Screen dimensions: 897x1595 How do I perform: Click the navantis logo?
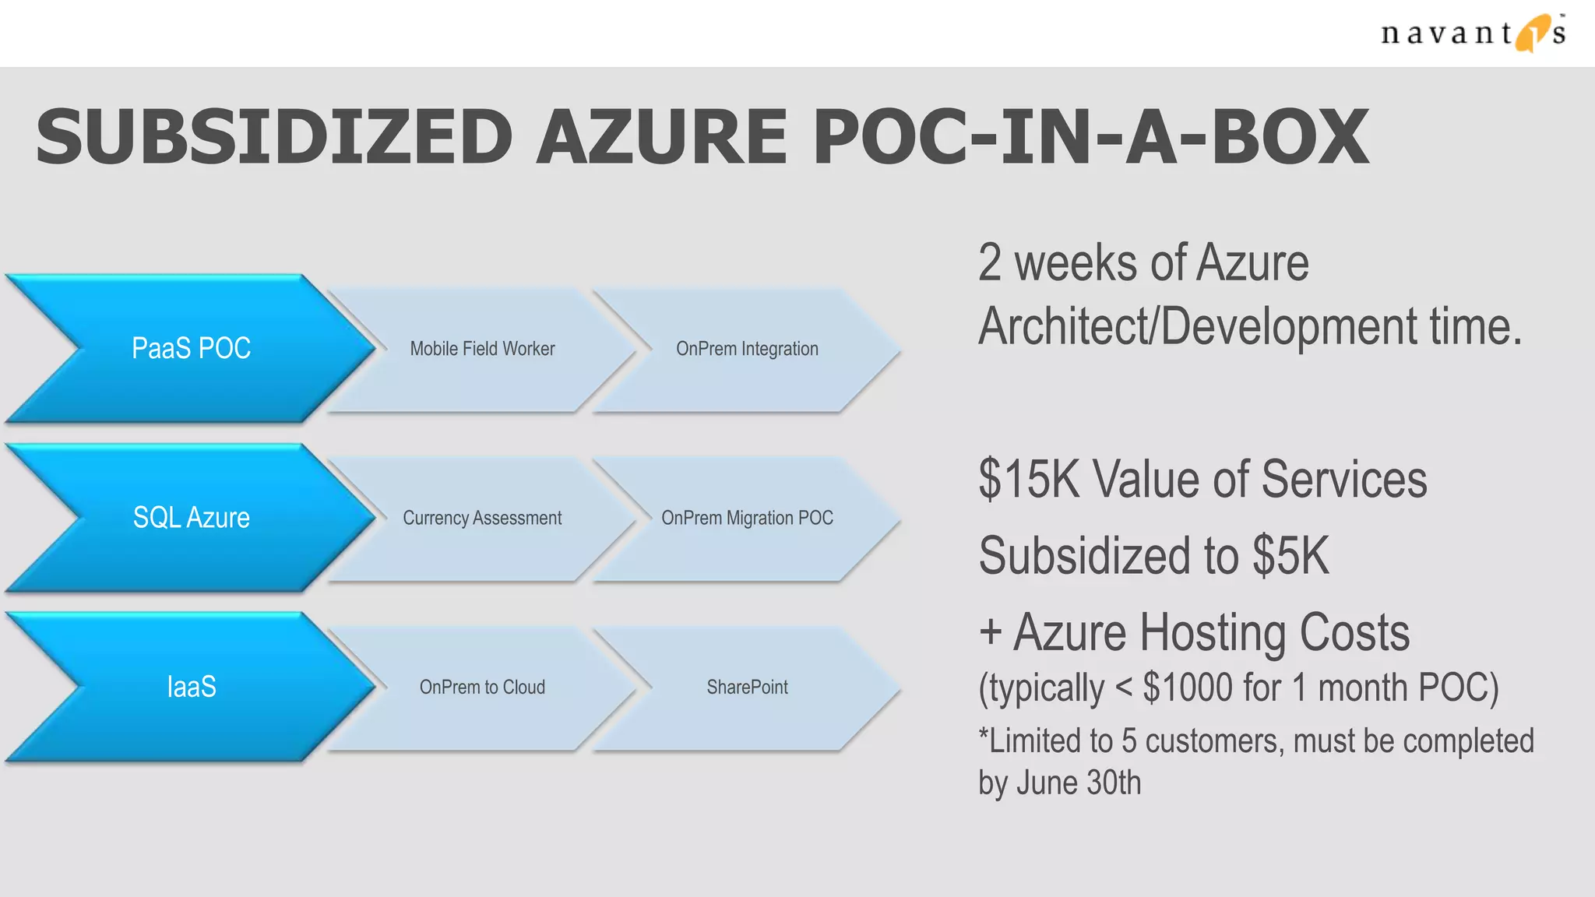(x=1472, y=33)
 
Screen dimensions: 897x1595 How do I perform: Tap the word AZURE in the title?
(x=662, y=137)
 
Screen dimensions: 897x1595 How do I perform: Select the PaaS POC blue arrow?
(x=191, y=348)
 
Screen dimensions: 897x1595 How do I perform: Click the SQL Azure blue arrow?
(x=191, y=518)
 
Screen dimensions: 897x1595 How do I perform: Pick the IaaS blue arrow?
(x=191, y=687)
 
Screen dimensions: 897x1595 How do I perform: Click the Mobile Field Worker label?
(x=482, y=349)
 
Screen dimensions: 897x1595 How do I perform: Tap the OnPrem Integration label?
(x=747, y=349)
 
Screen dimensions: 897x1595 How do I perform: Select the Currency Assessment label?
(x=482, y=518)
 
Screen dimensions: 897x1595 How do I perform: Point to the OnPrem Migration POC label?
(x=747, y=518)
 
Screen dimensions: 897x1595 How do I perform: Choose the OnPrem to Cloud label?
(x=482, y=687)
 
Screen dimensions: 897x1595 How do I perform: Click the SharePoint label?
(x=747, y=687)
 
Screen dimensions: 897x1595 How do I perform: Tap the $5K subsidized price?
(x=1290, y=556)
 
